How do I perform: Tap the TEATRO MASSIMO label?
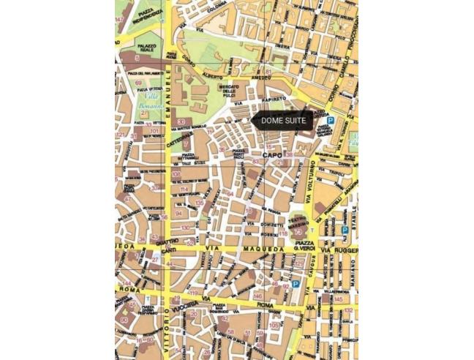[299, 222]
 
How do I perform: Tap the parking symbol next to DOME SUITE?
[331, 120]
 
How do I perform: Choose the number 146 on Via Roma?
[257, 296]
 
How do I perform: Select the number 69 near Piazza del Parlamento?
[139, 83]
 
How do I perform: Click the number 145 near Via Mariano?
[339, 299]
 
